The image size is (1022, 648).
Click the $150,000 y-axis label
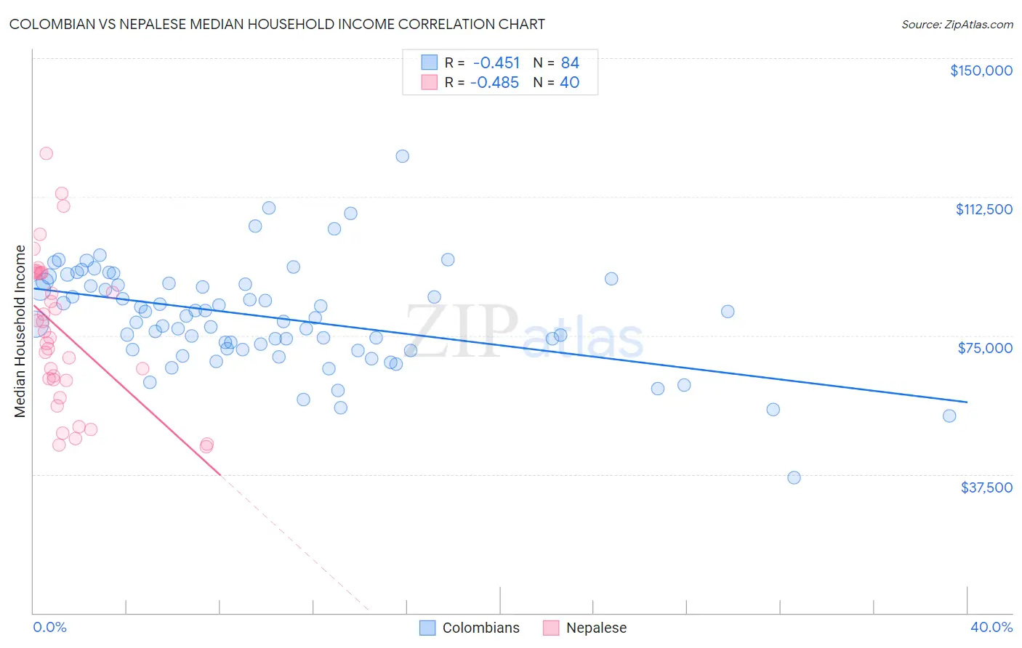981,70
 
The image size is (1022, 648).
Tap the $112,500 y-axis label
983,209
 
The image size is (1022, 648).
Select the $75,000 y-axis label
985,348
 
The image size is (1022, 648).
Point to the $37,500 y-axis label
986,487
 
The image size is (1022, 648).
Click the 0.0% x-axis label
49,627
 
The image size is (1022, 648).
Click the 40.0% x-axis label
991,627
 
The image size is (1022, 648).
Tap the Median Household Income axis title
20,331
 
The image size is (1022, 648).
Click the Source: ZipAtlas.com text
957,25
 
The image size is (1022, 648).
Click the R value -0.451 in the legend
496,63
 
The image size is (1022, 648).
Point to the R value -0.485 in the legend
494,83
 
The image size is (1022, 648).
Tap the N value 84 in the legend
570,63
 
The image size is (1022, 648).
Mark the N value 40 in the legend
569,83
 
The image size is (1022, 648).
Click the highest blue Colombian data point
402,156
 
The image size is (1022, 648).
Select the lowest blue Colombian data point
794,477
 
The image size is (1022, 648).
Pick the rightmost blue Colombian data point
949,416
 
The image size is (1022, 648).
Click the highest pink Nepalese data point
46,153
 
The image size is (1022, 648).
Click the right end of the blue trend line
967,402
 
